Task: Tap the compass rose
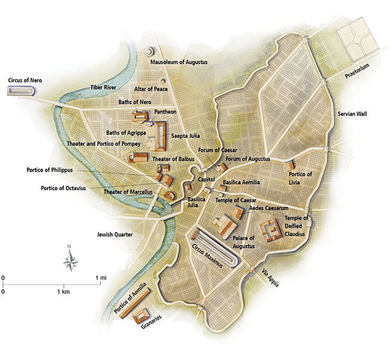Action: click(x=71, y=260)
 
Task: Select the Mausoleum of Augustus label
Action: click(x=179, y=62)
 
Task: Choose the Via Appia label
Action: click(x=269, y=278)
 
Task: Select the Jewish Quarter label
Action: click(x=115, y=234)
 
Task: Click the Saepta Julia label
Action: click(x=185, y=136)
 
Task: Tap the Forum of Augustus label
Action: click(x=247, y=158)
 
